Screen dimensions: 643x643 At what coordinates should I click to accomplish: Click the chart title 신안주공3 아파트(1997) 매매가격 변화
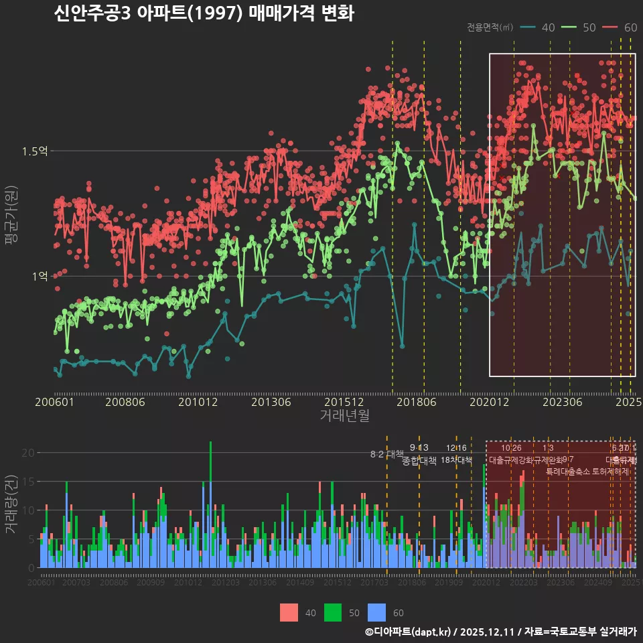pos(204,13)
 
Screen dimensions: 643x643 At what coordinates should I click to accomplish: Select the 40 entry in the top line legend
pos(547,27)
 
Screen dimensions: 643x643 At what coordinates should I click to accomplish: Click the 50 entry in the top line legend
pos(589,27)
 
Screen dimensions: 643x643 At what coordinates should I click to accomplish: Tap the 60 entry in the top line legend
pos(630,27)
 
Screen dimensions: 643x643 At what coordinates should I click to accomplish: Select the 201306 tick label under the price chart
pos(271,403)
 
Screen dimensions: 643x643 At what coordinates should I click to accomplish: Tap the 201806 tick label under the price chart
pos(416,403)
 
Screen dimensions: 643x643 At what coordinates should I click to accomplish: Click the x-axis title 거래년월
pos(344,416)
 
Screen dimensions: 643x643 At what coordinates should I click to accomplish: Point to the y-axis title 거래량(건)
pos(11,504)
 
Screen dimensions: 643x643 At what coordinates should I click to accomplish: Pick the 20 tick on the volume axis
pos(27,453)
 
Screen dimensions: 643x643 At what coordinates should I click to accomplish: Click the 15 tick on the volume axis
pos(27,482)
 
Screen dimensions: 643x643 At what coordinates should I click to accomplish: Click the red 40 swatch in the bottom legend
pos(289,612)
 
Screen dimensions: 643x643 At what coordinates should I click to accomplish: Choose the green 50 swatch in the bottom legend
pos(333,612)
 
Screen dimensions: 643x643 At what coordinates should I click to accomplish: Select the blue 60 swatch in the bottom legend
pos(378,612)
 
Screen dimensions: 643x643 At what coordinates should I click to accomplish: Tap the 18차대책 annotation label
pos(457,460)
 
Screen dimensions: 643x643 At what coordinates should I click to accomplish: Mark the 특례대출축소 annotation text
pos(568,471)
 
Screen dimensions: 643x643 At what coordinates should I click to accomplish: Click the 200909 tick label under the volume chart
pos(150,583)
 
